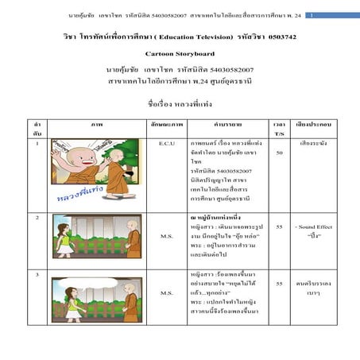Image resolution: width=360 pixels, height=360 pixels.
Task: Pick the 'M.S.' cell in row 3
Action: pyautogui.click(x=166, y=292)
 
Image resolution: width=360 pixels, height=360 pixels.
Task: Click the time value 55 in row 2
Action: pyautogui.click(x=279, y=226)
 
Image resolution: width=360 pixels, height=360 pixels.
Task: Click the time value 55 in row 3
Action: pyautogui.click(x=279, y=282)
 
